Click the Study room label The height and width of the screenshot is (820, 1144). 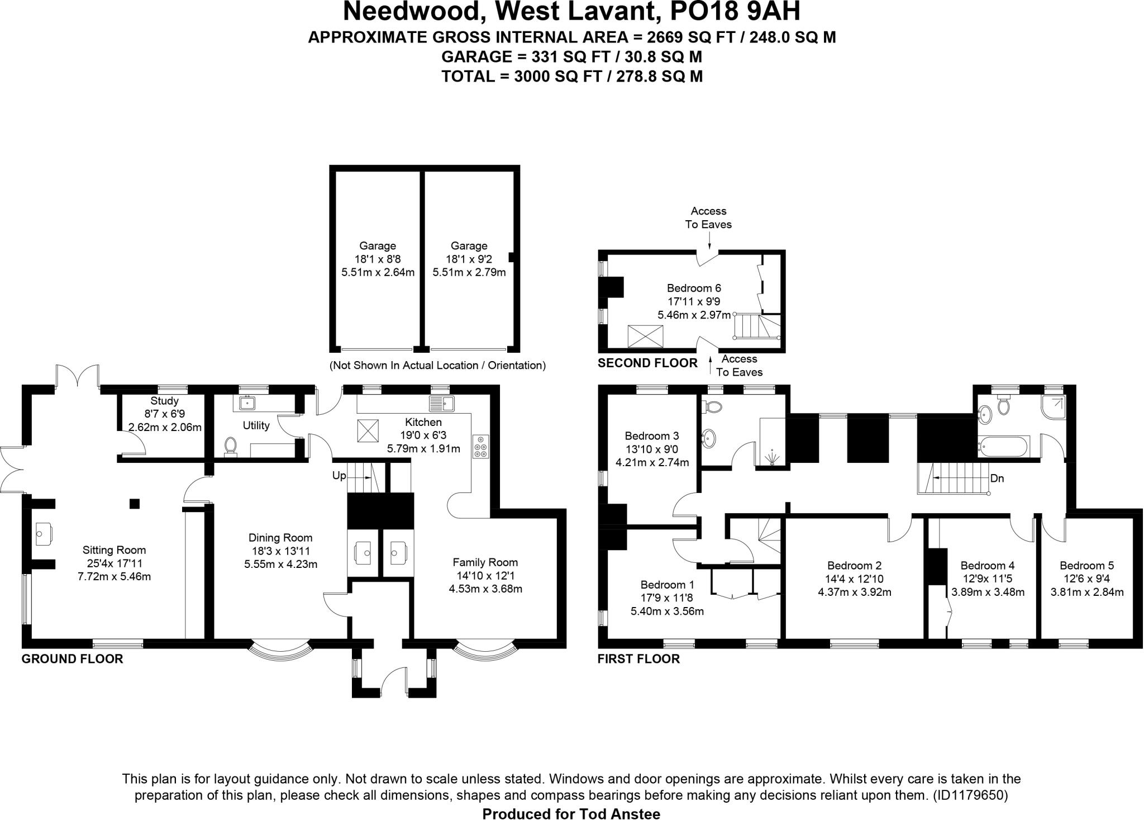point(164,401)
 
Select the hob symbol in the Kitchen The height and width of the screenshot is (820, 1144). point(480,446)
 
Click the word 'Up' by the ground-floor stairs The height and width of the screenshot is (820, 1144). point(339,476)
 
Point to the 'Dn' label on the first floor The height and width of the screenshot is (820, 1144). point(997,478)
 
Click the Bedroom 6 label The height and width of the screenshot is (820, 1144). point(694,288)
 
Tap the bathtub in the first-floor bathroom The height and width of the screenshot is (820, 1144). point(1004,447)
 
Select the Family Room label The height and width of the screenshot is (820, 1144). point(485,562)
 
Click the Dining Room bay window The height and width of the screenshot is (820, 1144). point(279,651)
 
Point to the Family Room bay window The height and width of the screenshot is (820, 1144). point(485,651)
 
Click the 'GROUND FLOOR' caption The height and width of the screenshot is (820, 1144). point(72,659)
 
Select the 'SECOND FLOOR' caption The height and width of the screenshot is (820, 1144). point(647,363)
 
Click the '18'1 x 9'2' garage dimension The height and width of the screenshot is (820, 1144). point(469,259)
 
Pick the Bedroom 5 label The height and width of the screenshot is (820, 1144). point(1086,566)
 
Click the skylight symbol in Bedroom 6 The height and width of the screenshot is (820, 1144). point(641,336)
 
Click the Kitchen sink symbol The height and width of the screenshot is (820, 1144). point(442,402)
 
